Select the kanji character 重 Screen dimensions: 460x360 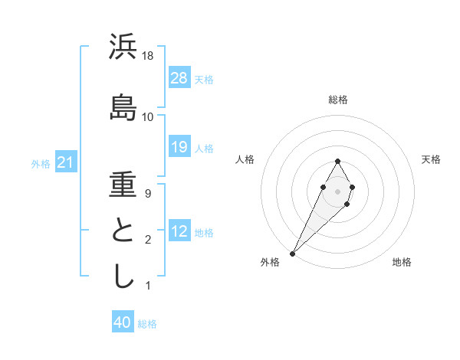click(x=123, y=184)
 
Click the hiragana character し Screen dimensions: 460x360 click(x=123, y=276)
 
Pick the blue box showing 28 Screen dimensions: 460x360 click(x=179, y=77)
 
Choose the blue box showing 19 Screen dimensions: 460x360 click(x=179, y=147)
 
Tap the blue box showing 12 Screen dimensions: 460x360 click(x=179, y=231)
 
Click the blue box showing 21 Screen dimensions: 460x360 click(x=66, y=162)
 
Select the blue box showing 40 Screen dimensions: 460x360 click(x=123, y=322)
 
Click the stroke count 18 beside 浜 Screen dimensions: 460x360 click(x=148, y=57)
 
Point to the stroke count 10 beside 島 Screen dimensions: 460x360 click(x=148, y=116)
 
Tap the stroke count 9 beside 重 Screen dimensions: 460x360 click(x=148, y=194)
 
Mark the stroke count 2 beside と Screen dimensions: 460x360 click(x=148, y=241)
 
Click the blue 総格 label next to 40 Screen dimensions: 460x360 click(x=147, y=324)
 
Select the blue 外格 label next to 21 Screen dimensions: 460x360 click(x=41, y=164)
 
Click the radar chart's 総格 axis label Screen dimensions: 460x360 click(x=338, y=100)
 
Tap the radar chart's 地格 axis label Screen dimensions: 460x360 click(x=402, y=262)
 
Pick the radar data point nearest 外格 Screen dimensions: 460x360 click(x=292, y=253)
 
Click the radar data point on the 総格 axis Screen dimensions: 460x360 click(x=338, y=161)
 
